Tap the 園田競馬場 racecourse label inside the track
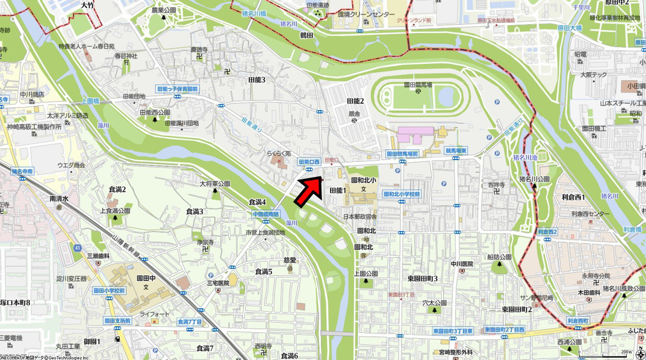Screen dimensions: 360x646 (x=418, y=85)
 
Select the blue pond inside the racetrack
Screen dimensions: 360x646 (x=447, y=95)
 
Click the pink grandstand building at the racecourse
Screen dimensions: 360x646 (x=415, y=131)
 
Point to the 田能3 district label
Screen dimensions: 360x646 (x=256, y=79)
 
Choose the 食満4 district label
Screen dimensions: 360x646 (x=257, y=202)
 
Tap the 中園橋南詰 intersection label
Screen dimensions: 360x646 (x=266, y=214)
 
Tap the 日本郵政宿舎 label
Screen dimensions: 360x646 (x=359, y=216)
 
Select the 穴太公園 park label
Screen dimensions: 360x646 (x=433, y=303)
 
